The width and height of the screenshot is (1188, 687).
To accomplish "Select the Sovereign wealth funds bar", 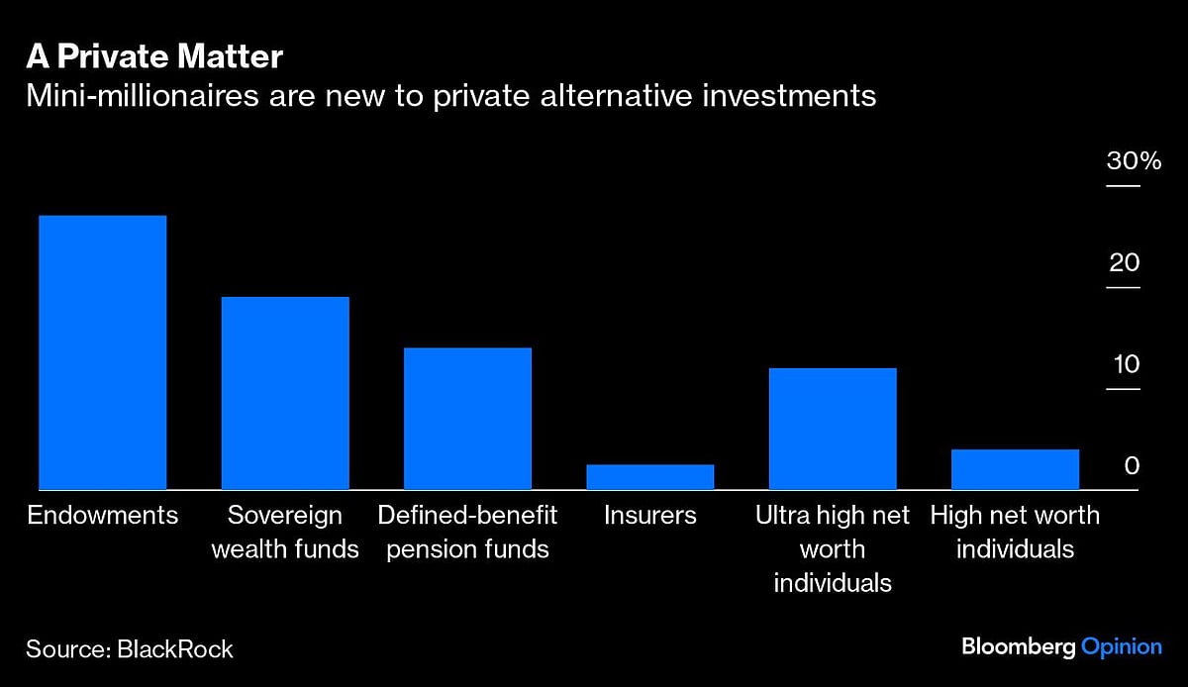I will tap(285, 393).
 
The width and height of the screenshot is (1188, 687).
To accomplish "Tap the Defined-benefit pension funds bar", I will tap(467, 419).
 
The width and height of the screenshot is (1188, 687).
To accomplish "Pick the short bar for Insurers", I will tap(649, 477).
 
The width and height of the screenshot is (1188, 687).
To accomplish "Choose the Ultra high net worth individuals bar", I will tap(833, 429).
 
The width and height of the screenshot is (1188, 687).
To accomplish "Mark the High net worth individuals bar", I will tap(1015, 469).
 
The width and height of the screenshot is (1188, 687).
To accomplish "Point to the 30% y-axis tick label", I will tap(1134, 162).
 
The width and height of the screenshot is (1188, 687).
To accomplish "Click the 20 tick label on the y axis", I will tap(1125, 263).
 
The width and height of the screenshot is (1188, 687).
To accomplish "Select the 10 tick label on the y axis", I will tap(1125, 364).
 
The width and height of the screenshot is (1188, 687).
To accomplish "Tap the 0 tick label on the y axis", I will tap(1132, 466).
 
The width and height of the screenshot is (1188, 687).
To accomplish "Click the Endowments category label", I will tap(102, 516).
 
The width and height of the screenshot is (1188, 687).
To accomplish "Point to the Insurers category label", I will tap(649, 516).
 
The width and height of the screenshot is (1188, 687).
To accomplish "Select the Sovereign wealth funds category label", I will tap(285, 532).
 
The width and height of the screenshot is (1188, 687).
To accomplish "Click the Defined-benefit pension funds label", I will tap(467, 532).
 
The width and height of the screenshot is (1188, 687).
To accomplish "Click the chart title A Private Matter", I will tap(154, 57).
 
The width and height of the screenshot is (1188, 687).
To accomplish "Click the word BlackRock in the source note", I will tap(175, 649).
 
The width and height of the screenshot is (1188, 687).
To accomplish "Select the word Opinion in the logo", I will tap(1122, 646).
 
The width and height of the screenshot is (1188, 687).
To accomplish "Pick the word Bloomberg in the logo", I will tap(1018, 646).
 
